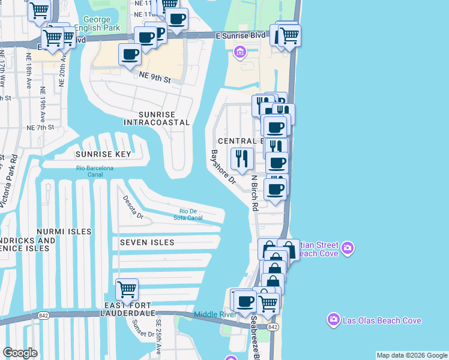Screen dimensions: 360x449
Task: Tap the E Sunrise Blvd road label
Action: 240,36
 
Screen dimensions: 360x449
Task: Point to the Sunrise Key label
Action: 103,154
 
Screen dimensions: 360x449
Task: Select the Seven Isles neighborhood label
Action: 147,242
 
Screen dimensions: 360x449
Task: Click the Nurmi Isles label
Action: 64,232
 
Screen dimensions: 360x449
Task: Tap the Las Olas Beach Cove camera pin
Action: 334,320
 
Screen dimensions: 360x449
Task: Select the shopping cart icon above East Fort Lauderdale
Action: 127,289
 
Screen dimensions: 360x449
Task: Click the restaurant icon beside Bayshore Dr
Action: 242,158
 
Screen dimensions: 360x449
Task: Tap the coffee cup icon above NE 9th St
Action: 130,55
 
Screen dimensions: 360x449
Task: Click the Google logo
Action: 20,353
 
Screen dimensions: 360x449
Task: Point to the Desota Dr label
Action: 133,207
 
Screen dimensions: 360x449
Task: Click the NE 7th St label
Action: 41,127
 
